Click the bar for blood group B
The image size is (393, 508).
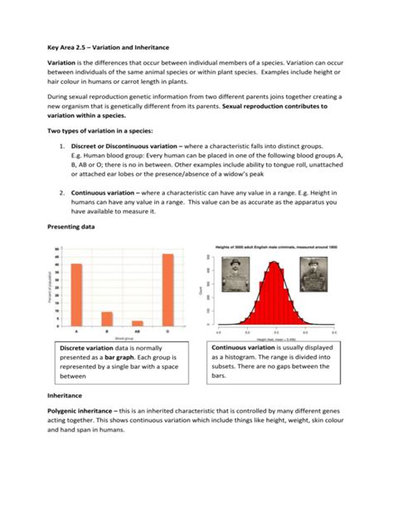107,318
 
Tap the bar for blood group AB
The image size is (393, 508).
137,322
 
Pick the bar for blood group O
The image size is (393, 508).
167,289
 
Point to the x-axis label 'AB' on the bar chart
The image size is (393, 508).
137,331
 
